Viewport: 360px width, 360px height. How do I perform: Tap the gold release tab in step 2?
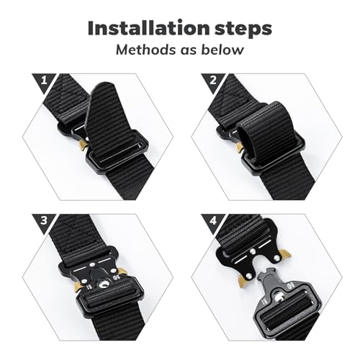click(240, 147)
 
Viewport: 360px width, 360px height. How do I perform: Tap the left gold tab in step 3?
click(76, 286)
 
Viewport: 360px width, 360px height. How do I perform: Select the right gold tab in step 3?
click(122, 271)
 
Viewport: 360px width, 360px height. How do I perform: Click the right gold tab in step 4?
click(286, 253)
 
